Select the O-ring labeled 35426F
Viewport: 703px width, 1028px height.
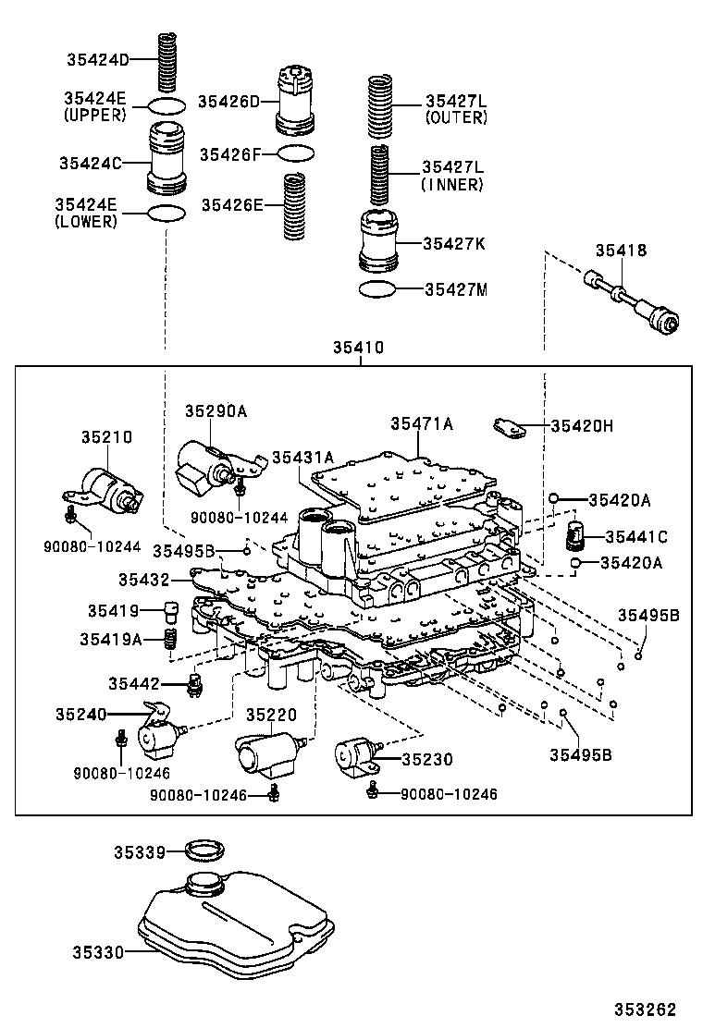tap(295, 152)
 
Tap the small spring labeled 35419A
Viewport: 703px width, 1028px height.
tap(170, 639)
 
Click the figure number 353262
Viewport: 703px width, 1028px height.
tap(647, 1009)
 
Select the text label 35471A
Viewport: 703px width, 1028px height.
tap(421, 423)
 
